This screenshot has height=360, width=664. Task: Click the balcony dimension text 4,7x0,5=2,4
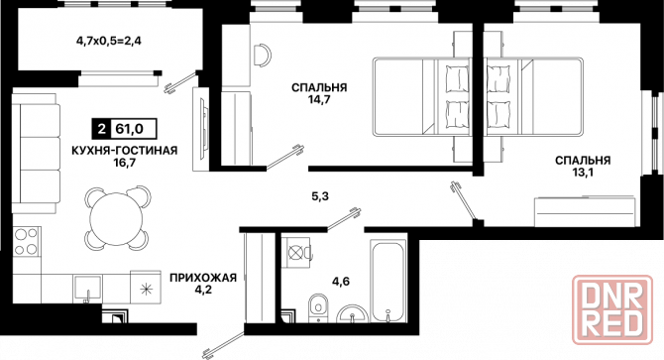pos(108,42)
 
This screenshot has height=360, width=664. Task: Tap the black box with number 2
pos(101,128)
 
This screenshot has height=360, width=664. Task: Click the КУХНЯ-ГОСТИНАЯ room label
pos(124,151)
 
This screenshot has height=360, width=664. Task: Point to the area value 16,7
pos(124,166)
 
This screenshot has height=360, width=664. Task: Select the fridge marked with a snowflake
pos(146,290)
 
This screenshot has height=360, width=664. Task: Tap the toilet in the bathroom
pos(318,306)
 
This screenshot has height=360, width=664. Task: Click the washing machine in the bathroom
pos(294,253)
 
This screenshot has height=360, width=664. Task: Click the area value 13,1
pos(582,175)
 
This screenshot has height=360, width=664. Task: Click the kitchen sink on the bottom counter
pos(88,292)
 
